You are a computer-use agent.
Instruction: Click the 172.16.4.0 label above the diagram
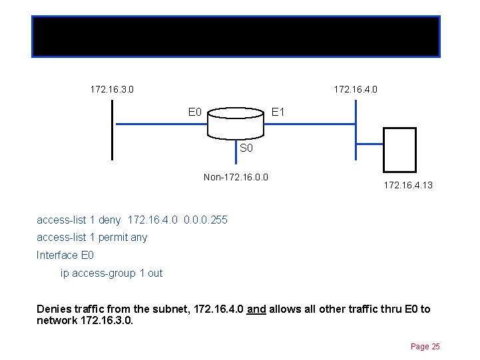[x=356, y=89]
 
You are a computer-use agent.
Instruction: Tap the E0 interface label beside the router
[x=195, y=112]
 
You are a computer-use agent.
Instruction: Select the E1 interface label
[x=278, y=112]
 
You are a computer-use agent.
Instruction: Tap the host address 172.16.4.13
[x=408, y=185]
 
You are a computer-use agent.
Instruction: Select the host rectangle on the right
[x=399, y=150]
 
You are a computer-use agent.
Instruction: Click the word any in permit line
[x=140, y=238]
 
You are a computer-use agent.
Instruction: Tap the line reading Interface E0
[x=65, y=256]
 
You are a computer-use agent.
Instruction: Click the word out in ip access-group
[x=154, y=273]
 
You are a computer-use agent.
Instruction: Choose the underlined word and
[x=256, y=309]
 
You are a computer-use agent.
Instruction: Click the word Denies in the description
[x=53, y=309]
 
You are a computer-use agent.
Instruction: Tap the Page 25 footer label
[x=425, y=347]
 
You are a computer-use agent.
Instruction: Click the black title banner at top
[x=236, y=36]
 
